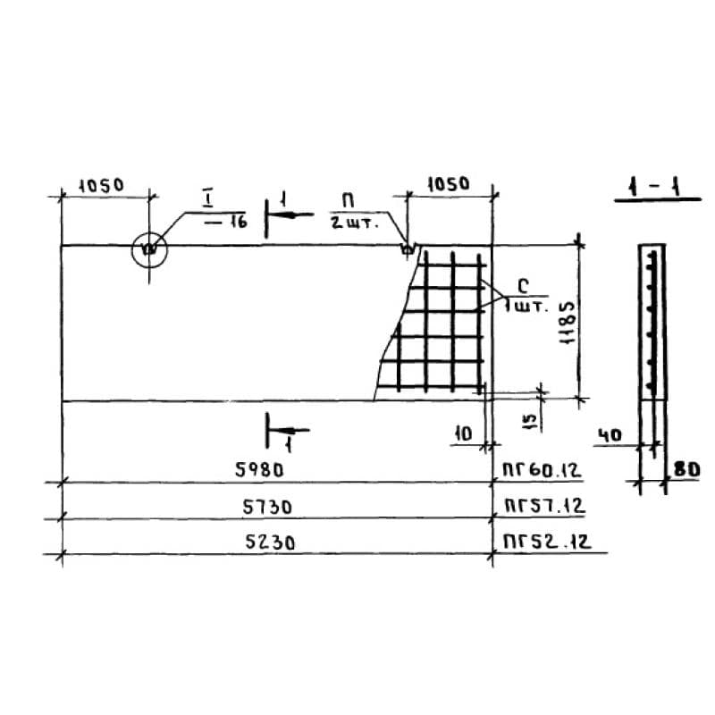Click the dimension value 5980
pyautogui.click(x=259, y=469)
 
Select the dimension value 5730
pyautogui.click(x=266, y=507)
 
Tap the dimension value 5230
pyautogui.click(x=270, y=543)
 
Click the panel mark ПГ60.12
pyautogui.click(x=542, y=470)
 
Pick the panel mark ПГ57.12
pyautogui.click(x=544, y=506)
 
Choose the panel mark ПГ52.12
pyautogui.click(x=547, y=542)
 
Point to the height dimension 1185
pyautogui.click(x=568, y=323)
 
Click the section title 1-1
pyautogui.click(x=655, y=187)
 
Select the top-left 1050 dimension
pyautogui.click(x=101, y=186)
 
